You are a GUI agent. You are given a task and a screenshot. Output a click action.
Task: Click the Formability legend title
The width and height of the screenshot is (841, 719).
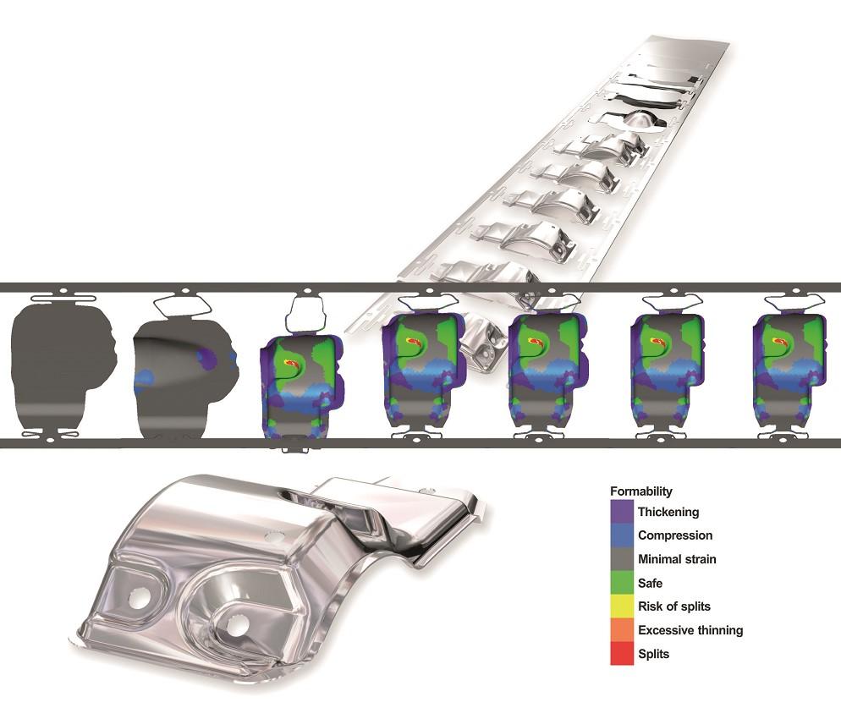(x=642, y=491)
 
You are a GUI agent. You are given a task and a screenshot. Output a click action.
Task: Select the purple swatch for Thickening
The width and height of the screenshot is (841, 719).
(x=622, y=512)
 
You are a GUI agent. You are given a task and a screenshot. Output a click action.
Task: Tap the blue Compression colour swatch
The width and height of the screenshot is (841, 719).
(x=622, y=535)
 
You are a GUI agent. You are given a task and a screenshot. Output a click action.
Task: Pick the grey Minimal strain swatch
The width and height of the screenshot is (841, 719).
(x=622, y=559)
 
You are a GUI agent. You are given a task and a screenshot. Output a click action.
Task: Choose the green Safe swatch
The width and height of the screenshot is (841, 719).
(x=622, y=583)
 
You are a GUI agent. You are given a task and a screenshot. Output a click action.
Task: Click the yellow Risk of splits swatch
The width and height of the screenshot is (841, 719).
(x=622, y=606)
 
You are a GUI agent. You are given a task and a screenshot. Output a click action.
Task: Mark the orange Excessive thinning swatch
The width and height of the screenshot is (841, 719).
(x=622, y=630)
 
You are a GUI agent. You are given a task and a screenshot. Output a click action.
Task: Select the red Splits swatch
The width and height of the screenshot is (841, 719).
(x=622, y=654)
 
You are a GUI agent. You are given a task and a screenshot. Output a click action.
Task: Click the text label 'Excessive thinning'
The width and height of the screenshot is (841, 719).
(x=690, y=630)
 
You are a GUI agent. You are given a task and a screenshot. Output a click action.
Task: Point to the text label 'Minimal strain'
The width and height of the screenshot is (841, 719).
(x=678, y=559)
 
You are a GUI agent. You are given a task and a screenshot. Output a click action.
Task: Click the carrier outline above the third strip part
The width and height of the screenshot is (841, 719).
(x=305, y=316)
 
